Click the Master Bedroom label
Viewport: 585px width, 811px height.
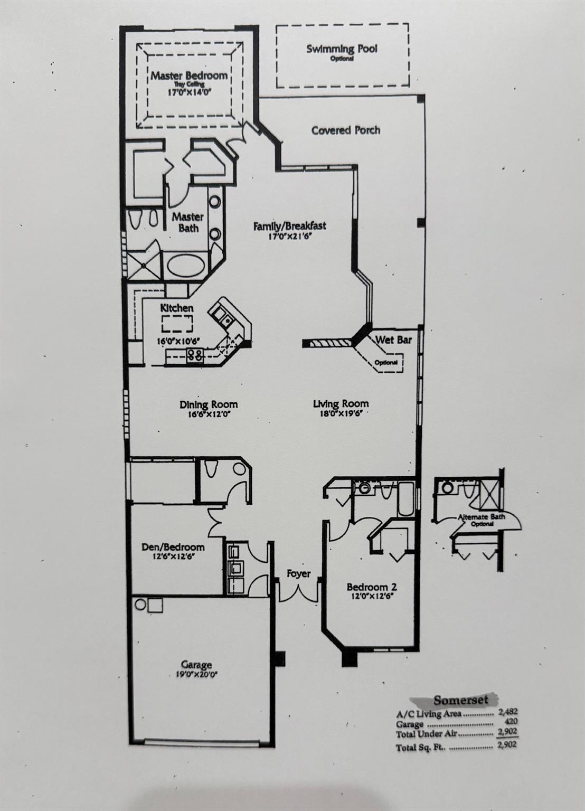189,76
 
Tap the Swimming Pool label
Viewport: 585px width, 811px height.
342,49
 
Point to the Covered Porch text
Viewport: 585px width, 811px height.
346,130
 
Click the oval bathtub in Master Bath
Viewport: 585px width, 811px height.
185,266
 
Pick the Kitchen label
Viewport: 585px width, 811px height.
177,308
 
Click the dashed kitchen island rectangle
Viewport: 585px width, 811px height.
177,324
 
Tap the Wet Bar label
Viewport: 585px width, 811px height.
393,340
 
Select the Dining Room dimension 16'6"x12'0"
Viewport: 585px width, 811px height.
209,414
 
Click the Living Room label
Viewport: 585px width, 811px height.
341,403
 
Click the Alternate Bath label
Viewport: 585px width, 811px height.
481,517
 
